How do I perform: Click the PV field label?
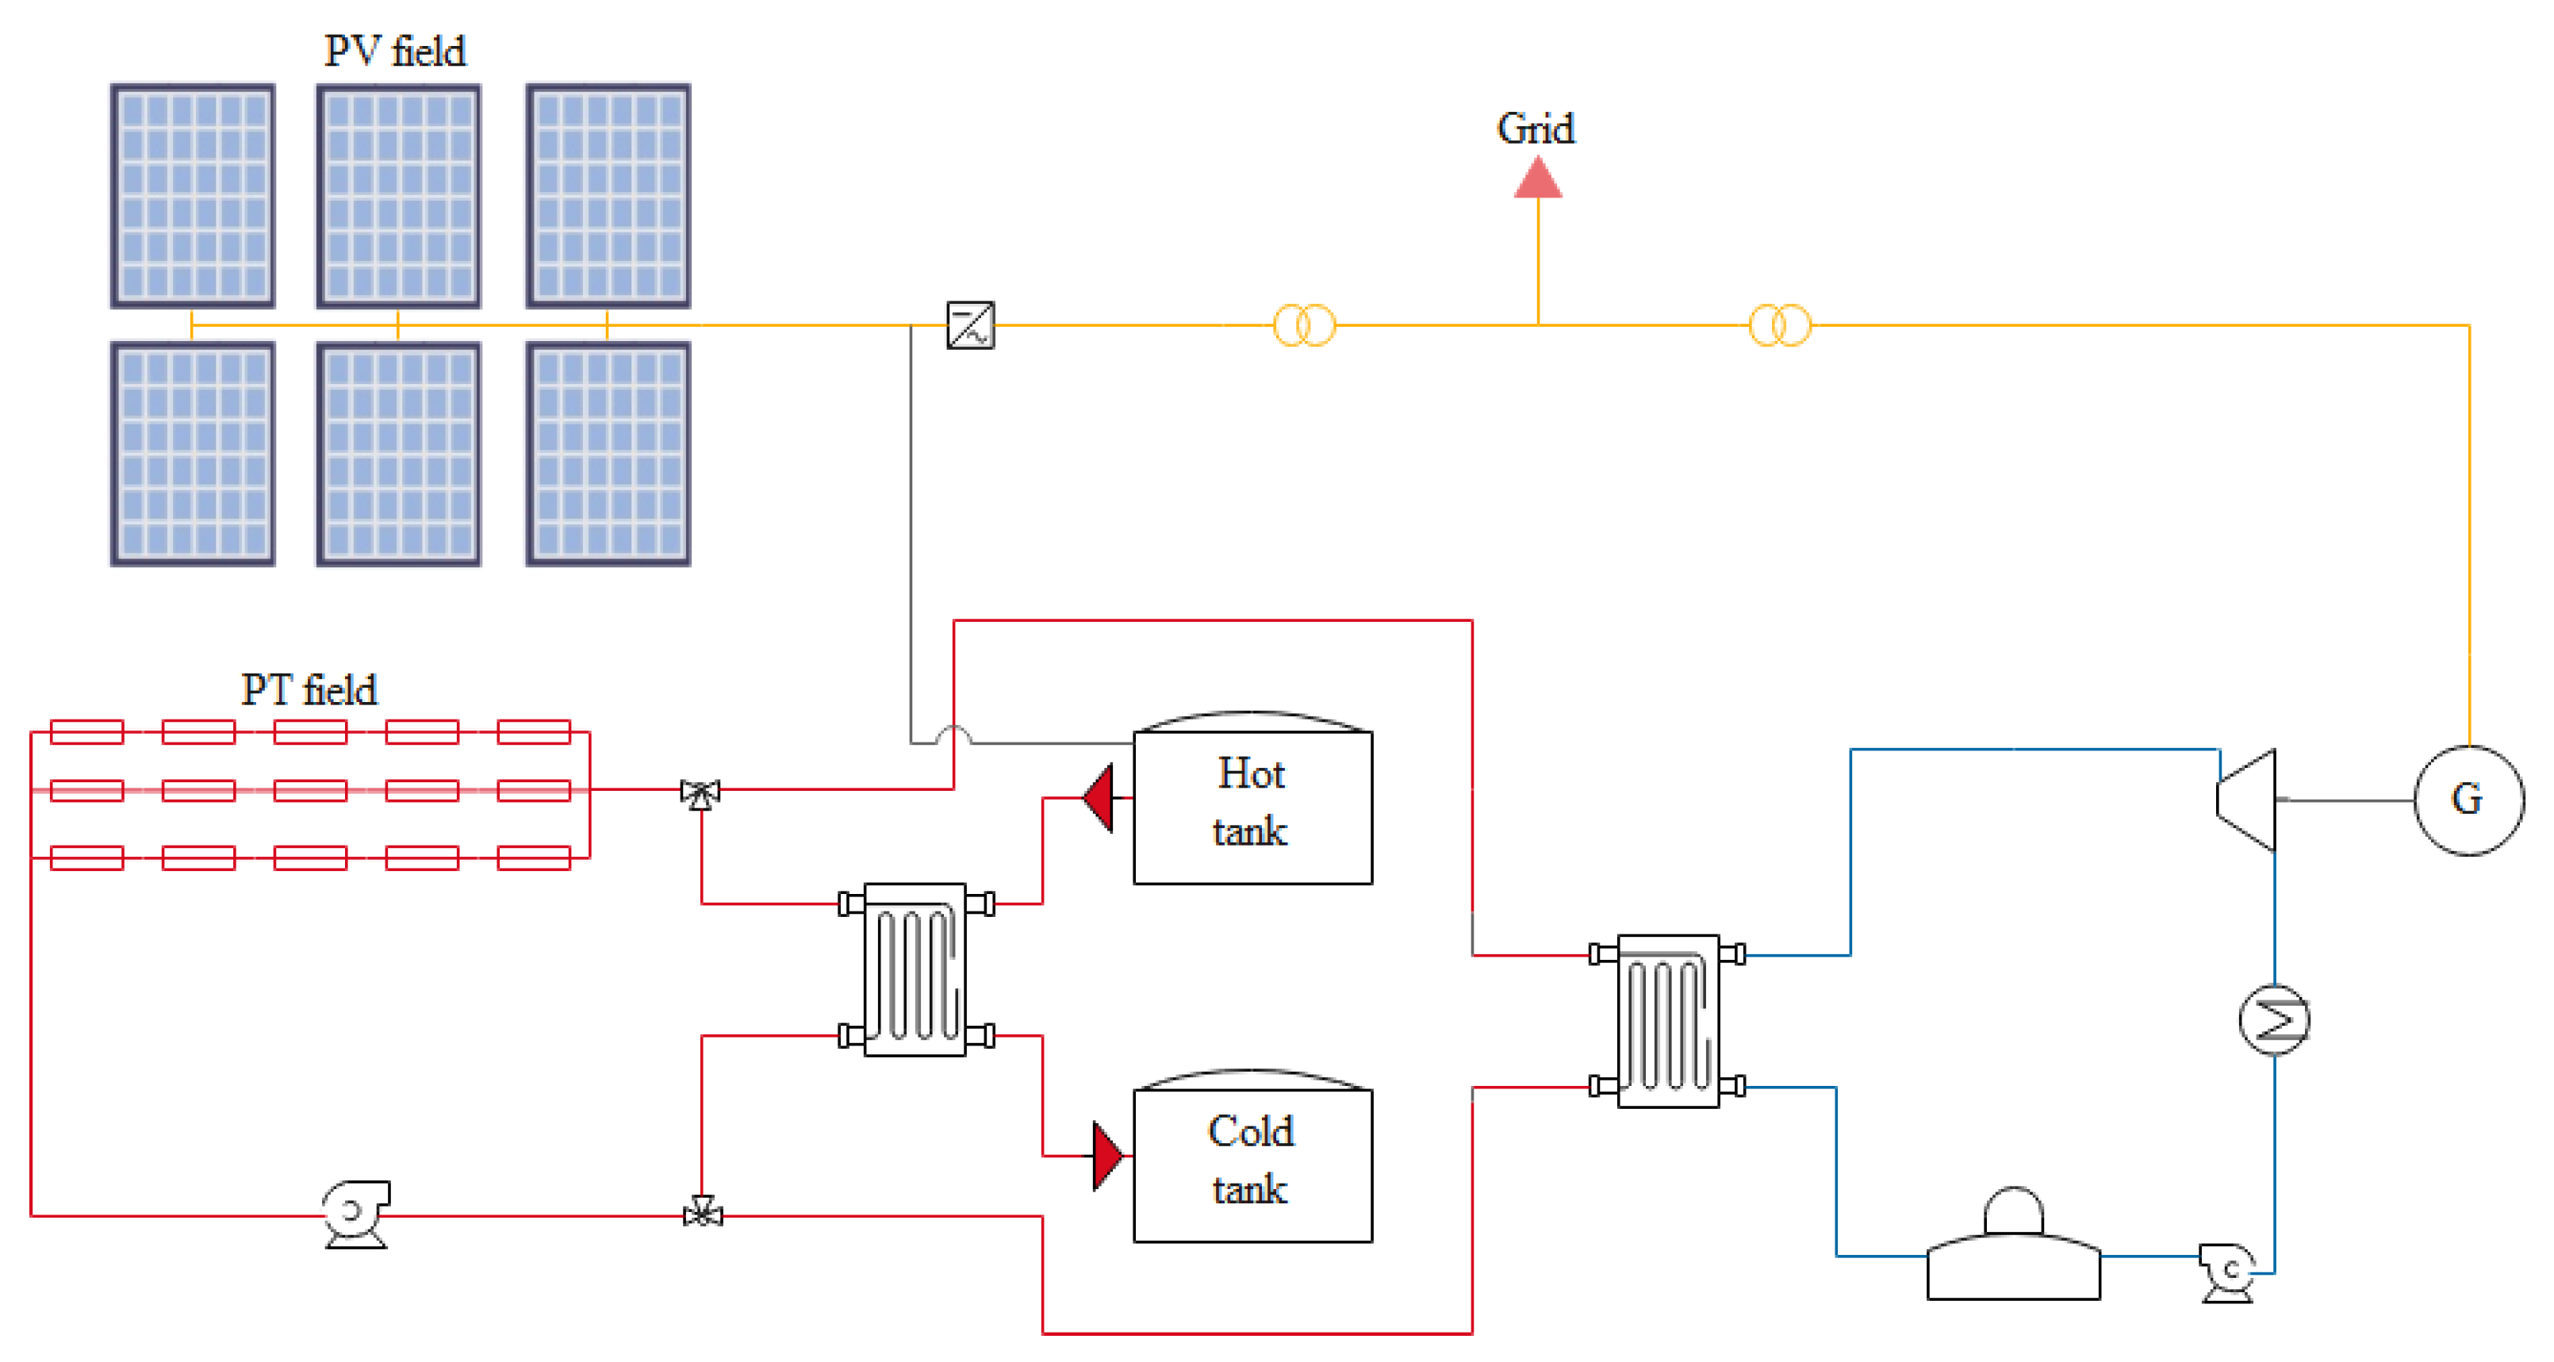coord(395,51)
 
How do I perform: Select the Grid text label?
coord(1536,129)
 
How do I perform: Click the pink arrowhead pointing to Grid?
coord(1538,178)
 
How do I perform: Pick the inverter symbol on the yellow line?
coord(971,325)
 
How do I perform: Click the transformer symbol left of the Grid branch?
coord(1305,325)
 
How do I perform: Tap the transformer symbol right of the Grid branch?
coord(1781,325)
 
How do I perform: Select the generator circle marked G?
coord(2468,800)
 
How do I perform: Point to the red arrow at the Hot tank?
coord(1099,798)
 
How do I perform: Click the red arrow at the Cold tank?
coord(1107,1156)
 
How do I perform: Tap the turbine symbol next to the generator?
coord(2246,800)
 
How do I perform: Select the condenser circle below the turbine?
coord(2275,1019)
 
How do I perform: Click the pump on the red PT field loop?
coord(356,1214)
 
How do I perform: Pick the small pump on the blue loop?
coord(2228,1273)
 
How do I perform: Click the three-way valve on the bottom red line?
coord(703,1214)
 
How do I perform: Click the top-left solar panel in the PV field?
coord(192,196)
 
